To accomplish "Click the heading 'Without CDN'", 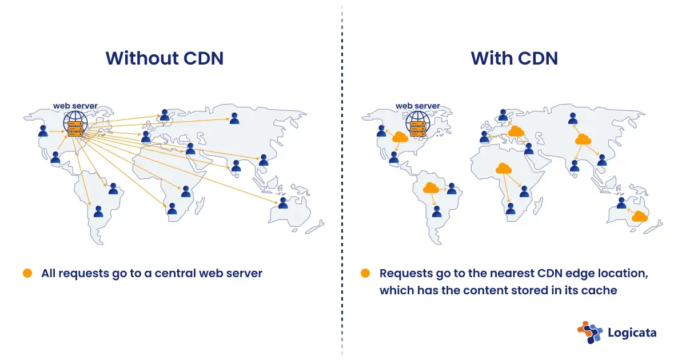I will click(164, 58).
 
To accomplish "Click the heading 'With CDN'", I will click(514, 58).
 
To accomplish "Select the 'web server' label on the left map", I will click(75, 106).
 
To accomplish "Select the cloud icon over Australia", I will click(639, 216).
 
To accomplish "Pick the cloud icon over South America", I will click(430, 187).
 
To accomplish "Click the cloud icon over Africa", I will click(503, 168).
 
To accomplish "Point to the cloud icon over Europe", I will click(516, 131).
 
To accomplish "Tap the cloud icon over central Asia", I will click(583, 139).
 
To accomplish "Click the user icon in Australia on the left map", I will click(283, 202).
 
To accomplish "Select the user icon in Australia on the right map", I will click(621, 202).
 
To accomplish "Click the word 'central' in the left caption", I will click(174, 273).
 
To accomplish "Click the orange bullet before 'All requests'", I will click(27, 273).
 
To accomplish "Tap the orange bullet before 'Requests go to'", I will click(365, 273).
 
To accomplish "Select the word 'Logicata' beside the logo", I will click(632, 333).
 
